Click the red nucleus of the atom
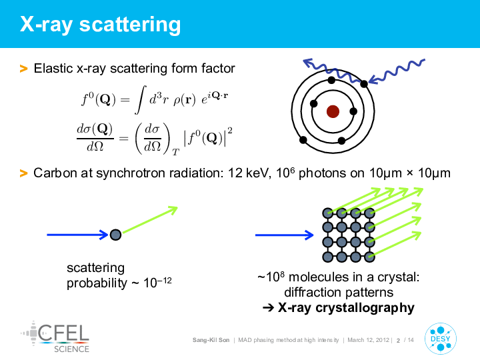(x=333, y=111)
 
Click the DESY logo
(x=441, y=339)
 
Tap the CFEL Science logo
(x=55, y=337)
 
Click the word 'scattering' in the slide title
(x=130, y=25)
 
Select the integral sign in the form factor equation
(x=141, y=100)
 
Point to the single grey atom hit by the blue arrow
(x=115, y=235)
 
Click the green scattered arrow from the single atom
(x=150, y=220)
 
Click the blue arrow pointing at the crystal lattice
(x=285, y=235)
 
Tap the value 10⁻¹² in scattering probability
(x=157, y=282)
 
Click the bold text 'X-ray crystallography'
(x=346, y=307)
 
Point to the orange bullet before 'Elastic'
(x=23, y=69)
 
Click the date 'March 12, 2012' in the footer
(x=368, y=340)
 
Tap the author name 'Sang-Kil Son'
(x=211, y=340)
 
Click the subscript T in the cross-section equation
(x=175, y=152)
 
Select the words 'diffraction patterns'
(x=339, y=293)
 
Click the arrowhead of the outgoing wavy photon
(x=308, y=63)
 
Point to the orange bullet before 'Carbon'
(x=23, y=173)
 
